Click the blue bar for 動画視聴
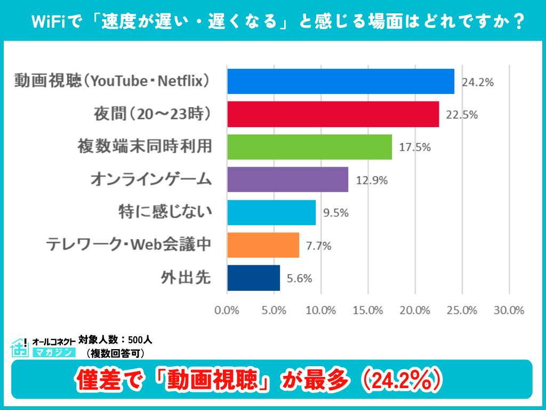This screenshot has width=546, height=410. point(340,82)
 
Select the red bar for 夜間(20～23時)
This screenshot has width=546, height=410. point(333,114)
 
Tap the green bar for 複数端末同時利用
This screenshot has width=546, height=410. point(309,147)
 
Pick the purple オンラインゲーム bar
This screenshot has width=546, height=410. point(287,179)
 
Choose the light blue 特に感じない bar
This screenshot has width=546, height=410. point(271,212)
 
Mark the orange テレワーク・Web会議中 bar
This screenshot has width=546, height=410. point(263,245)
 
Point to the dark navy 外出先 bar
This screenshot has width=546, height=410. point(253,278)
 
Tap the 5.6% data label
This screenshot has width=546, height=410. point(299,278)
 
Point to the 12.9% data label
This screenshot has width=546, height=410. point(372,180)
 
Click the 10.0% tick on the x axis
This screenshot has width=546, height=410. point(321,310)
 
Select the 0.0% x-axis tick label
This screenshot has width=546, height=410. point(227,310)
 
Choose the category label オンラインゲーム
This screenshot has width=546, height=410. point(150,180)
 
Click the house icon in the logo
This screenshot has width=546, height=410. point(20,348)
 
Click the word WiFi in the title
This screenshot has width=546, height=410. point(49,22)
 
